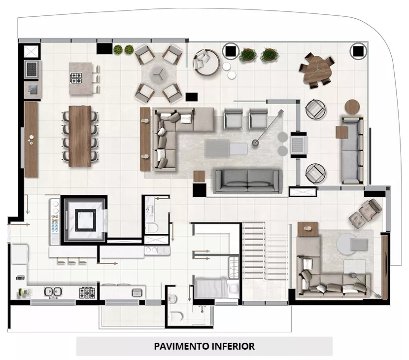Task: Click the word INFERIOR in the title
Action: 233,346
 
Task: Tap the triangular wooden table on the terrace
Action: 317,70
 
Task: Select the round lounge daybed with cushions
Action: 206,62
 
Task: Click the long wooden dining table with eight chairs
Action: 80,136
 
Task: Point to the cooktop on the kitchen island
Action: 76,78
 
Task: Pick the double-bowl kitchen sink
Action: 53,292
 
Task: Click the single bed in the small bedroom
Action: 216,288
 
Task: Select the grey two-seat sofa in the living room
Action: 247,181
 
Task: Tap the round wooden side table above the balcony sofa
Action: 352,107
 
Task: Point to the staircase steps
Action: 254,251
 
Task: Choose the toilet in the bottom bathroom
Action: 177,316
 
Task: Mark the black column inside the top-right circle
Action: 358,51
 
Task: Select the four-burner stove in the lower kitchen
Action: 87,292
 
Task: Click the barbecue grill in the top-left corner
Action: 32,69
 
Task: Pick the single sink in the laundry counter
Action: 136,292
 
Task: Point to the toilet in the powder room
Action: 151,228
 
